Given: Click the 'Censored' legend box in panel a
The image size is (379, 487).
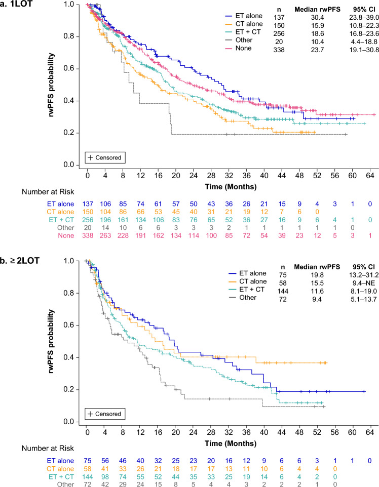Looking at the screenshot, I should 104,157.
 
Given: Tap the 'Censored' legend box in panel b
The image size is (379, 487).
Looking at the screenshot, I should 104,414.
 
